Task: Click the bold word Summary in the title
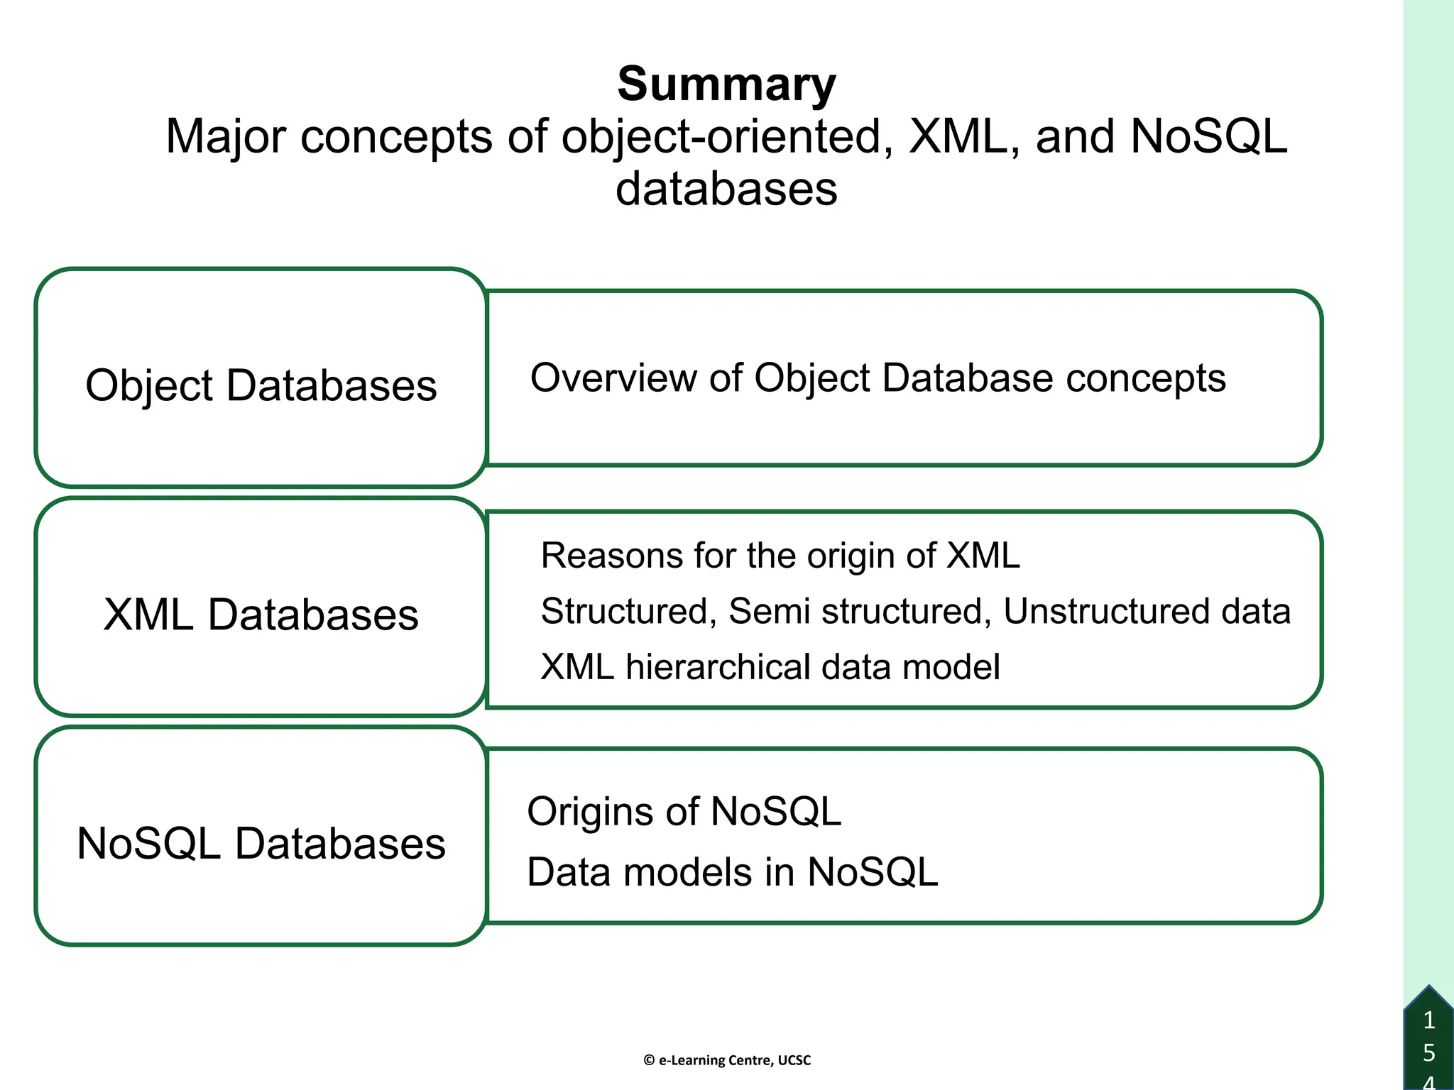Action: click(x=726, y=84)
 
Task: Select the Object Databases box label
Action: click(x=261, y=385)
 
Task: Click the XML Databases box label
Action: click(x=261, y=615)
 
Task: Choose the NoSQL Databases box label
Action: click(x=261, y=844)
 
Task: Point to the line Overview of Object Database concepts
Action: click(x=878, y=378)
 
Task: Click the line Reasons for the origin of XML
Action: click(x=780, y=556)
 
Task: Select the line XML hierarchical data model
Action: click(x=770, y=667)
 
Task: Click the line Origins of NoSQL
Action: click(x=684, y=811)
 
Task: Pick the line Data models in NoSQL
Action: click(x=732, y=872)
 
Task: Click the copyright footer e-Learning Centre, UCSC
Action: click(x=727, y=1060)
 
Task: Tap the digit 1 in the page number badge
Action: click(x=1429, y=1020)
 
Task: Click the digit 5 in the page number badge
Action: click(x=1429, y=1053)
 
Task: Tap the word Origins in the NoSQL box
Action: click(x=612, y=811)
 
